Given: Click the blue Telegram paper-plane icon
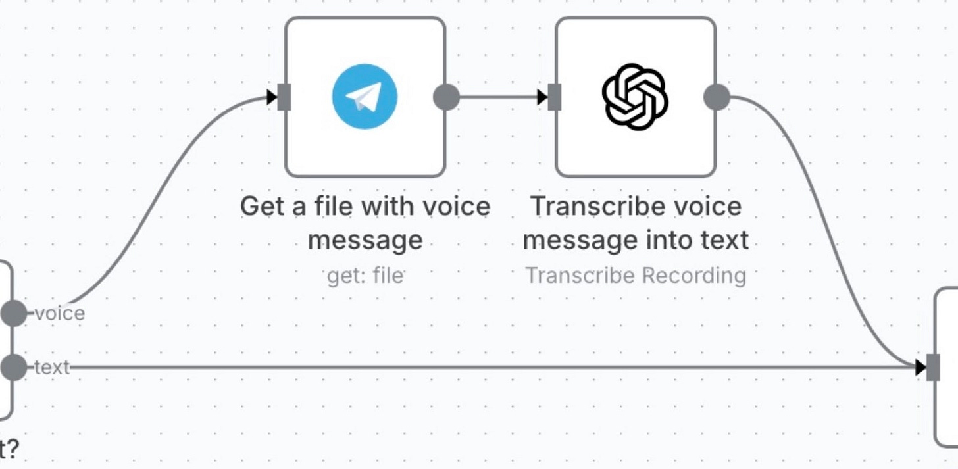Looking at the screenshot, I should pyautogui.click(x=365, y=97).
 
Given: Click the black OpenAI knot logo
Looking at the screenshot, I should pyautogui.click(x=635, y=97).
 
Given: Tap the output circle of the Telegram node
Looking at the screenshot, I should pyautogui.click(x=446, y=97).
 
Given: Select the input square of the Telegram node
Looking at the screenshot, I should pyautogui.click(x=284, y=97).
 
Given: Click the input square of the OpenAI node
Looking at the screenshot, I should pyautogui.click(x=555, y=97).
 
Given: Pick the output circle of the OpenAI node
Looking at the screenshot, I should pyautogui.click(x=717, y=97).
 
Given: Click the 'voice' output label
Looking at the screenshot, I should pyautogui.click(x=60, y=313).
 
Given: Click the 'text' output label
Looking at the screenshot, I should pyautogui.click(x=52, y=367).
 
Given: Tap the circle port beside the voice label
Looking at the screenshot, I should pyautogui.click(x=13, y=313).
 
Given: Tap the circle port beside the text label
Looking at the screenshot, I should pyautogui.click(x=13, y=367).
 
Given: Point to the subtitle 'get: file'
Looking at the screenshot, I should pyautogui.click(x=365, y=275).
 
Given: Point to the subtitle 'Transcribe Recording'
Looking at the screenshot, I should pyautogui.click(x=636, y=275).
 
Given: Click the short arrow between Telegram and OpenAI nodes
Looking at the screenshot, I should pyautogui.click(x=500, y=97).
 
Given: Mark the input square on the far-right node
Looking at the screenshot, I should pyautogui.click(x=933, y=367).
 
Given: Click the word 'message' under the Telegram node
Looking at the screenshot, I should pyautogui.click(x=365, y=239).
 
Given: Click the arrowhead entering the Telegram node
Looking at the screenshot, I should pyautogui.click(x=272, y=98).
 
